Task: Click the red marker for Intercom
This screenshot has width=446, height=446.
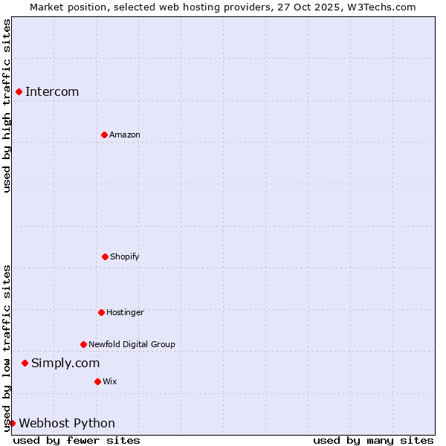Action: coord(19,91)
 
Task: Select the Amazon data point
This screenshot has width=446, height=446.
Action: coord(104,135)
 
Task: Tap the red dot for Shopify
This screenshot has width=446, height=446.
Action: coord(105,256)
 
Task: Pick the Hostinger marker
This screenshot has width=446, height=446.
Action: coord(101,312)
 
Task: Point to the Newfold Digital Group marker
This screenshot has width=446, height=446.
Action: coord(83,344)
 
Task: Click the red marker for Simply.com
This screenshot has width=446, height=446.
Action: coord(25,363)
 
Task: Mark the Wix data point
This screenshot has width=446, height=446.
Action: coord(97,381)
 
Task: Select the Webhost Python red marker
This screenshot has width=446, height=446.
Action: coord(12,423)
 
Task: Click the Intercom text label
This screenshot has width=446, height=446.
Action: coord(52,92)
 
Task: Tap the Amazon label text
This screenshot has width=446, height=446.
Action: coord(125,135)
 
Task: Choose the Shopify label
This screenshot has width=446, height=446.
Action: coord(125,257)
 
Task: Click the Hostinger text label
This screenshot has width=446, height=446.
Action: coord(125,313)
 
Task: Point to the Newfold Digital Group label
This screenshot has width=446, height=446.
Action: coord(132,345)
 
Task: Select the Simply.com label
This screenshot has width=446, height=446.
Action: coord(65,363)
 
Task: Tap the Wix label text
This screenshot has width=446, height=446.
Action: coord(110,382)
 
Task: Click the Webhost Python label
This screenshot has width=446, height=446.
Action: coord(67,424)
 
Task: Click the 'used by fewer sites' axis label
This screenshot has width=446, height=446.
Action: coord(77,440)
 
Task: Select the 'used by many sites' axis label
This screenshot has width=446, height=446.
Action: coord(373,440)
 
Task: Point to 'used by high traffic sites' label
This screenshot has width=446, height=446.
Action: coord(7,106)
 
